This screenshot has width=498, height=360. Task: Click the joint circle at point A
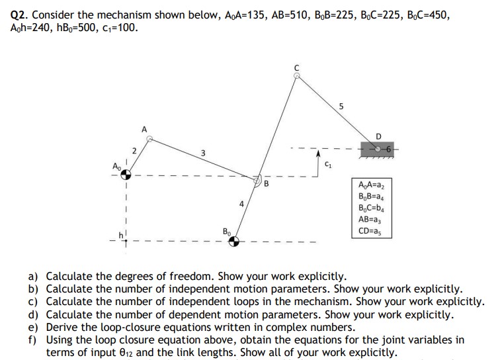[149, 140]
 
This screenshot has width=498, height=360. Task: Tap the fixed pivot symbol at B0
[233, 241]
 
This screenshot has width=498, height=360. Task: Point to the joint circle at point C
[298, 76]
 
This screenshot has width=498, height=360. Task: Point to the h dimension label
[122, 234]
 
